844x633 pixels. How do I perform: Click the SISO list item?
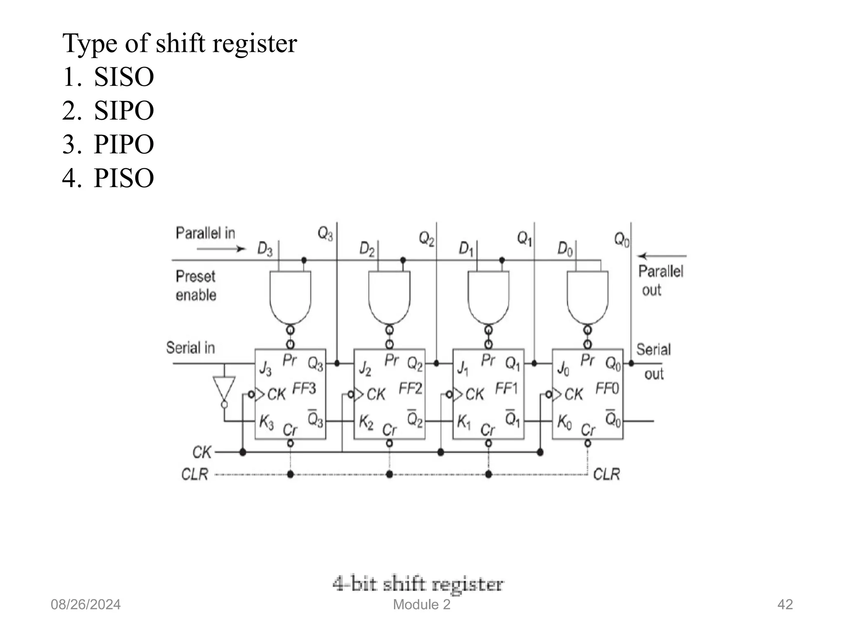click(124, 77)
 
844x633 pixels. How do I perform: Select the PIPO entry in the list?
click(124, 145)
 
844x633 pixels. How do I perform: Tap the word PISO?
click(124, 178)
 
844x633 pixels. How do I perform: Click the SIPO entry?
click(124, 111)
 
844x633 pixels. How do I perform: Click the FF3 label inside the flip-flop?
click(304, 388)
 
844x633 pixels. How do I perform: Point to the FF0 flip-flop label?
click(607, 388)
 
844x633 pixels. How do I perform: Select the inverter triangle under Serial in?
click(224, 388)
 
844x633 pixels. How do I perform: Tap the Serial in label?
click(190, 348)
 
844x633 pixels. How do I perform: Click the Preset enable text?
click(196, 286)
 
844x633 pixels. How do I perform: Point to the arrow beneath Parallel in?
click(221, 249)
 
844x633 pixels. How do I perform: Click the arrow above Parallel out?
click(662, 256)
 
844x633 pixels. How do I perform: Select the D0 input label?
click(565, 249)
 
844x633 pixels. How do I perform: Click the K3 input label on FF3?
click(266, 422)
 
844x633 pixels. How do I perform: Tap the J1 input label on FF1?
click(463, 368)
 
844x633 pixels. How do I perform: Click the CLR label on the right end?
click(606, 474)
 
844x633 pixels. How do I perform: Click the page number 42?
click(785, 605)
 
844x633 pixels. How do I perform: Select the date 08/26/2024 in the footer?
click(86, 605)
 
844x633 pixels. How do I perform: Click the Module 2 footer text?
click(422, 605)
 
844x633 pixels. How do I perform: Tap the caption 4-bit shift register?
click(418, 584)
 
